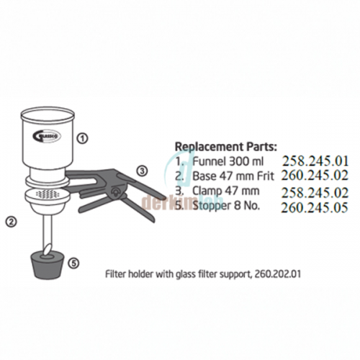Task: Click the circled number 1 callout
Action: (82, 138)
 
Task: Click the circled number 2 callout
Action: (12, 222)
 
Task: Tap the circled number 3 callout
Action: (142, 171)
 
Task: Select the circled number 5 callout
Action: (73, 264)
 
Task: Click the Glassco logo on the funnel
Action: (47, 136)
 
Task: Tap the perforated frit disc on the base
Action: (48, 193)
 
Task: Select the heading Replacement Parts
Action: (226, 147)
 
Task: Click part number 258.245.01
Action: (315, 161)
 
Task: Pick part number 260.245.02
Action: (315, 175)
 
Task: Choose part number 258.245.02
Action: (315, 193)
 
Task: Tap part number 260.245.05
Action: (315, 207)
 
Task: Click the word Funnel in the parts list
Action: (209, 161)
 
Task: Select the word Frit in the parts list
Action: (265, 176)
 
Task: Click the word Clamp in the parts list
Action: (207, 192)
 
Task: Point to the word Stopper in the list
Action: (214, 207)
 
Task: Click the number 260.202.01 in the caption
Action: (277, 274)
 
